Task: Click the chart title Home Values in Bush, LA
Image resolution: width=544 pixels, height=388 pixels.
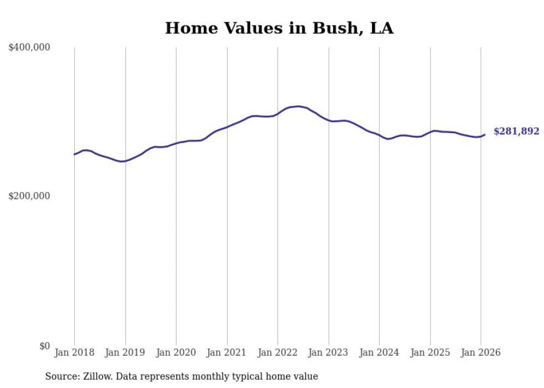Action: (279, 28)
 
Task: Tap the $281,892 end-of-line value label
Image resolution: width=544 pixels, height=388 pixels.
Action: (516, 132)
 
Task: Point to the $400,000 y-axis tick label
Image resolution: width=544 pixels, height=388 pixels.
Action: (29, 48)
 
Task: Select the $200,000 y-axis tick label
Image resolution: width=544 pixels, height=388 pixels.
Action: (29, 196)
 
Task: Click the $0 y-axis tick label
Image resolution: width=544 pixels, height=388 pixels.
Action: (44, 346)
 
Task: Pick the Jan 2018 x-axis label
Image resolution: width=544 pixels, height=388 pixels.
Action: (74, 353)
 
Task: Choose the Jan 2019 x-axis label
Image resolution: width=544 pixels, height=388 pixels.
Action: (125, 353)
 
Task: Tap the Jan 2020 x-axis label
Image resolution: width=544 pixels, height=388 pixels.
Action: (176, 353)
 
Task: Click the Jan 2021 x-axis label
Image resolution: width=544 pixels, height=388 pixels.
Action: (227, 353)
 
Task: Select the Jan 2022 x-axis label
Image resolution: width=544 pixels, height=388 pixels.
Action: (278, 353)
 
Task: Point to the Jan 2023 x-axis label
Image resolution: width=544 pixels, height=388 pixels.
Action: (329, 353)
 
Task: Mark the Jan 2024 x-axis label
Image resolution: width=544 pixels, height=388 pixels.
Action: (379, 353)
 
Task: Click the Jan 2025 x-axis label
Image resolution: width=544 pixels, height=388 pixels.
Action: (430, 353)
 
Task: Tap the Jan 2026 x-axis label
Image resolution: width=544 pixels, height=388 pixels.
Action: (481, 353)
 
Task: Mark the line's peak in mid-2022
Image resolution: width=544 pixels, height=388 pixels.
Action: (298, 106)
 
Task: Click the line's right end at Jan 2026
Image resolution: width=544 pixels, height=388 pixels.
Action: (485, 134)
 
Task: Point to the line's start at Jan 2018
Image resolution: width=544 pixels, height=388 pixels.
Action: (74, 154)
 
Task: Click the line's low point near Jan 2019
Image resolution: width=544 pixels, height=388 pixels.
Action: (122, 162)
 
